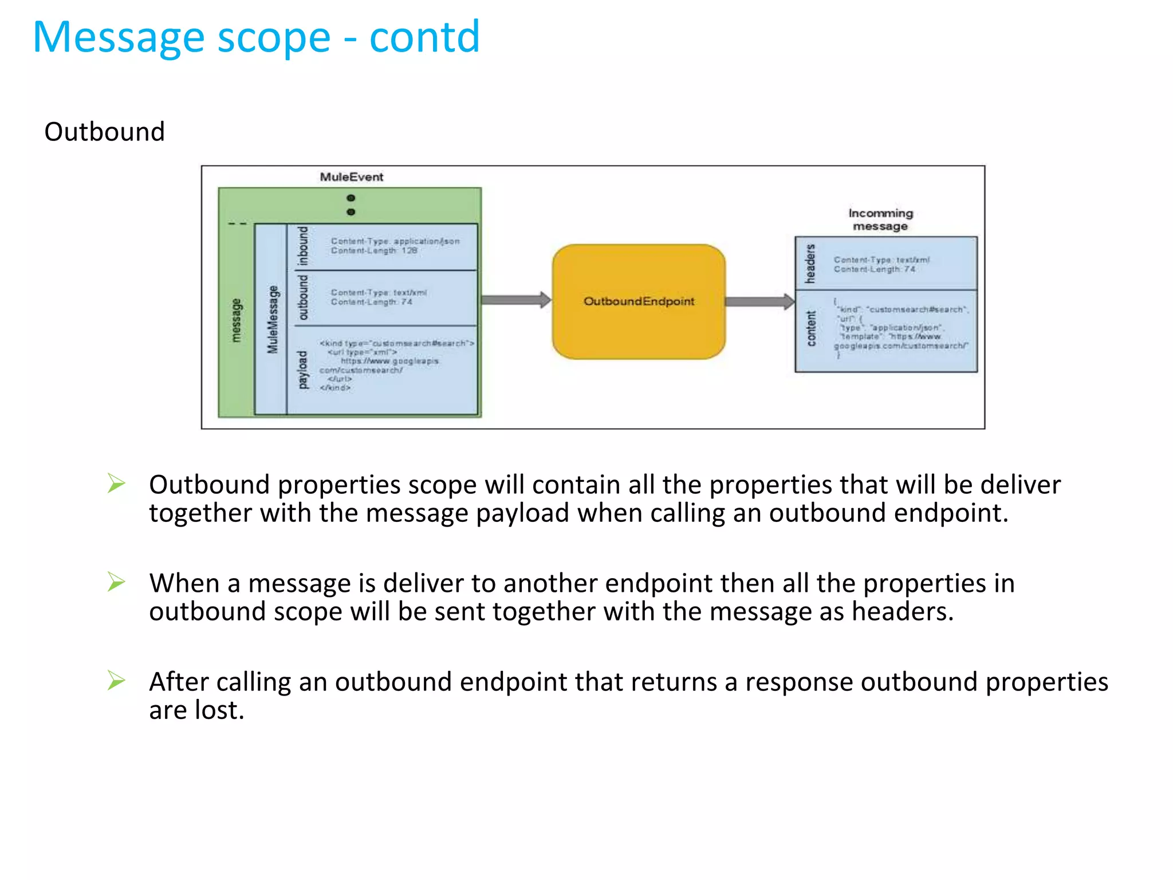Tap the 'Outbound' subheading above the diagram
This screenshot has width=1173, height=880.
(x=104, y=132)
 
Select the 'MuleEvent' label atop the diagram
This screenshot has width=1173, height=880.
(x=351, y=177)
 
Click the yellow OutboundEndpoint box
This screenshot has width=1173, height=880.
(x=639, y=301)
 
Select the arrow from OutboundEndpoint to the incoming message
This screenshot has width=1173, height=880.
(x=759, y=301)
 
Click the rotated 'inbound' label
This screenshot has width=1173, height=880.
(x=302, y=246)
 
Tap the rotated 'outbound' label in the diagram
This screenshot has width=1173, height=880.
(x=302, y=297)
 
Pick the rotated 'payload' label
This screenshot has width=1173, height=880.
(x=302, y=370)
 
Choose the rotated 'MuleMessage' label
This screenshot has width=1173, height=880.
(x=272, y=319)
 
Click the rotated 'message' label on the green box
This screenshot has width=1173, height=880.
(x=236, y=320)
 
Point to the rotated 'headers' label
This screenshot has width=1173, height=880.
(x=810, y=264)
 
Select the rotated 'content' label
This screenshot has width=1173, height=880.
(x=810, y=328)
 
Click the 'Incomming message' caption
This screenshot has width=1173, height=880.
(x=880, y=219)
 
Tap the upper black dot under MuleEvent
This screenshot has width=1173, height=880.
(x=351, y=198)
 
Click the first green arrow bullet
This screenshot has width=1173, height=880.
(x=116, y=484)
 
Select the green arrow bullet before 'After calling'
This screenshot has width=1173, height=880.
(x=116, y=681)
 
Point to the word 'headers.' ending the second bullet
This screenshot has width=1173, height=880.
(x=903, y=611)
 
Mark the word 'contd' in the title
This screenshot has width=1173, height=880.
(x=424, y=38)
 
